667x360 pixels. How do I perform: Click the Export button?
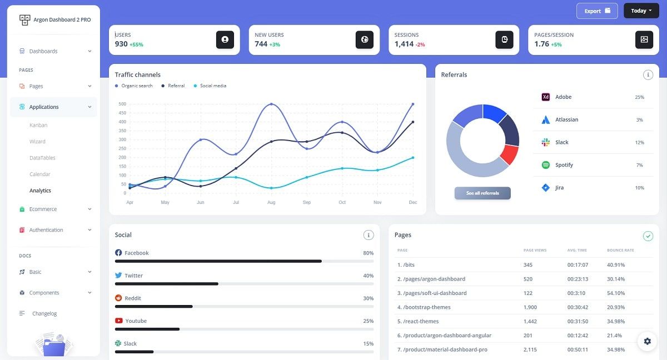pos(597,11)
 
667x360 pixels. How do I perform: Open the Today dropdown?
pos(641,11)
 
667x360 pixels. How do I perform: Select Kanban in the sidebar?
pos(38,125)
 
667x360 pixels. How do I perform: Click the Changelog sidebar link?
pos(44,313)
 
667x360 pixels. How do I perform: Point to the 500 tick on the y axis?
pos(122,104)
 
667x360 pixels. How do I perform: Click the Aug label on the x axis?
pos(271,202)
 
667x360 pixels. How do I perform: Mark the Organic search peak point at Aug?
pos(271,104)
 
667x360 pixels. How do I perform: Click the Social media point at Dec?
pos(412,158)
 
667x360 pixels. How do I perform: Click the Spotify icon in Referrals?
pos(545,165)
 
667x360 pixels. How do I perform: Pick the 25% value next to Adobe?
pos(639,97)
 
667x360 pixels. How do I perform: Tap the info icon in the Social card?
pos(368,235)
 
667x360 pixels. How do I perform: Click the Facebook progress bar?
pos(244,261)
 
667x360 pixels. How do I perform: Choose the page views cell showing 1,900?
pos(530,307)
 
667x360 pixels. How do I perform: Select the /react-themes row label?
pos(418,322)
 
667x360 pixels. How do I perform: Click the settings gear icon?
pos(647,341)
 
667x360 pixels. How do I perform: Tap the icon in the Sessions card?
pos(504,39)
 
